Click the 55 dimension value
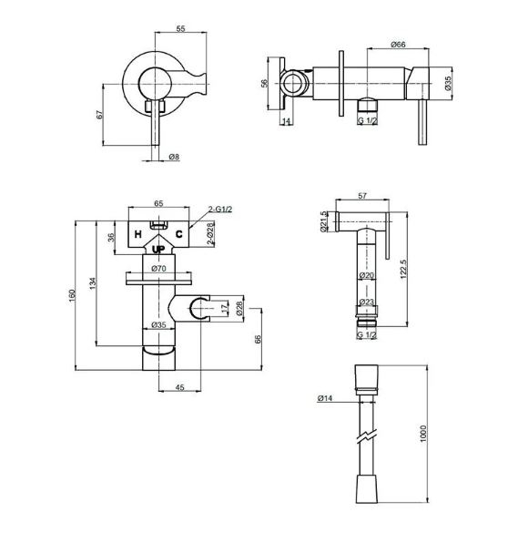tap(180, 28)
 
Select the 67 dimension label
tap(99, 114)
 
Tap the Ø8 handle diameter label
tap(174, 157)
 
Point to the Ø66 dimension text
tap(398, 45)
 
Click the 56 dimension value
tap(265, 83)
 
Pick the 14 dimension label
tap(286, 120)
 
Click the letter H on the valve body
tap(137, 234)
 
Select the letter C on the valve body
tap(178, 234)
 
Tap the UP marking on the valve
tap(158, 250)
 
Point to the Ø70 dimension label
tap(158, 269)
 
